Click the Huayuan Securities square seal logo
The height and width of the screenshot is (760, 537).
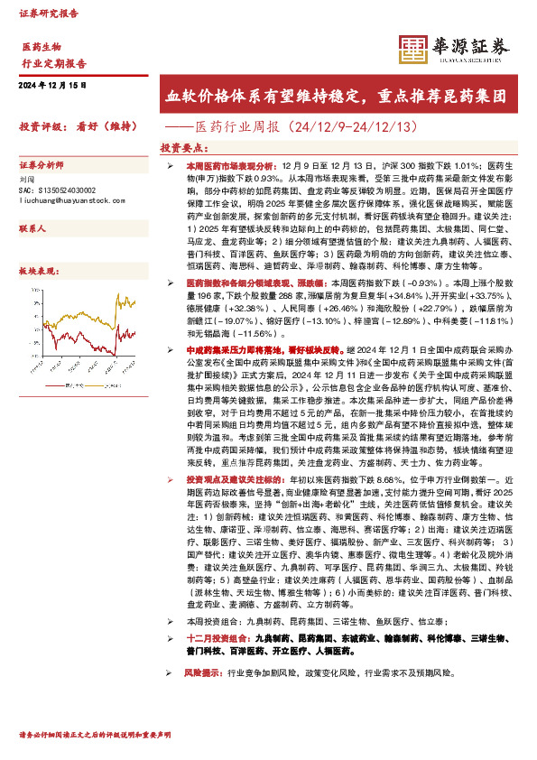click(x=414, y=49)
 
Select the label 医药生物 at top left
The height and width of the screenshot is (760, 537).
click(x=41, y=46)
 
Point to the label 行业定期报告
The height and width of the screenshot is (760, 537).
click(x=53, y=63)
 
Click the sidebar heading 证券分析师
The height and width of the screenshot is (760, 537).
click(x=42, y=166)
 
